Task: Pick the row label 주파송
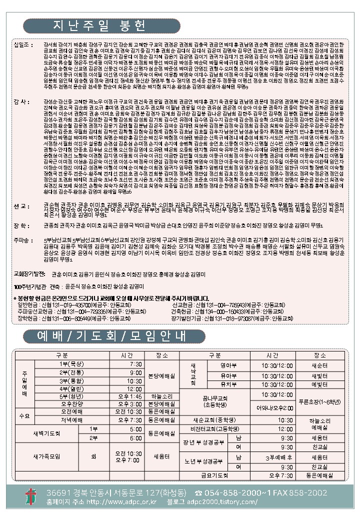(x=22, y=240)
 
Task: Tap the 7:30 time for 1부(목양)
(x=135, y=364)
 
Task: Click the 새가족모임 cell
(x=46, y=456)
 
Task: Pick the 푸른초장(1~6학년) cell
(x=318, y=401)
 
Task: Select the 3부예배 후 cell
(x=279, y=457)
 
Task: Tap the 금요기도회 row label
(x=214, y=475)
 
